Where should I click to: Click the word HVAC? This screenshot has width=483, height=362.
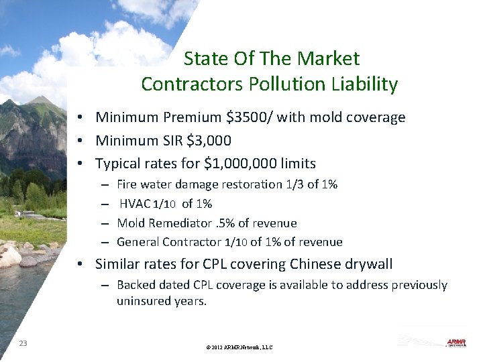click(x=132, y=204)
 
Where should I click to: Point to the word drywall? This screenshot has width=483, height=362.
click(x=369, y=263)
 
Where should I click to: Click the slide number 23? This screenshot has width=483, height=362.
click(x=23, y=343)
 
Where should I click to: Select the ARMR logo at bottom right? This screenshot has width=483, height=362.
click(x=455, y=343)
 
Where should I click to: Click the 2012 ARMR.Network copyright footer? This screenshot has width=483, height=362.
click(x=240, y=347)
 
